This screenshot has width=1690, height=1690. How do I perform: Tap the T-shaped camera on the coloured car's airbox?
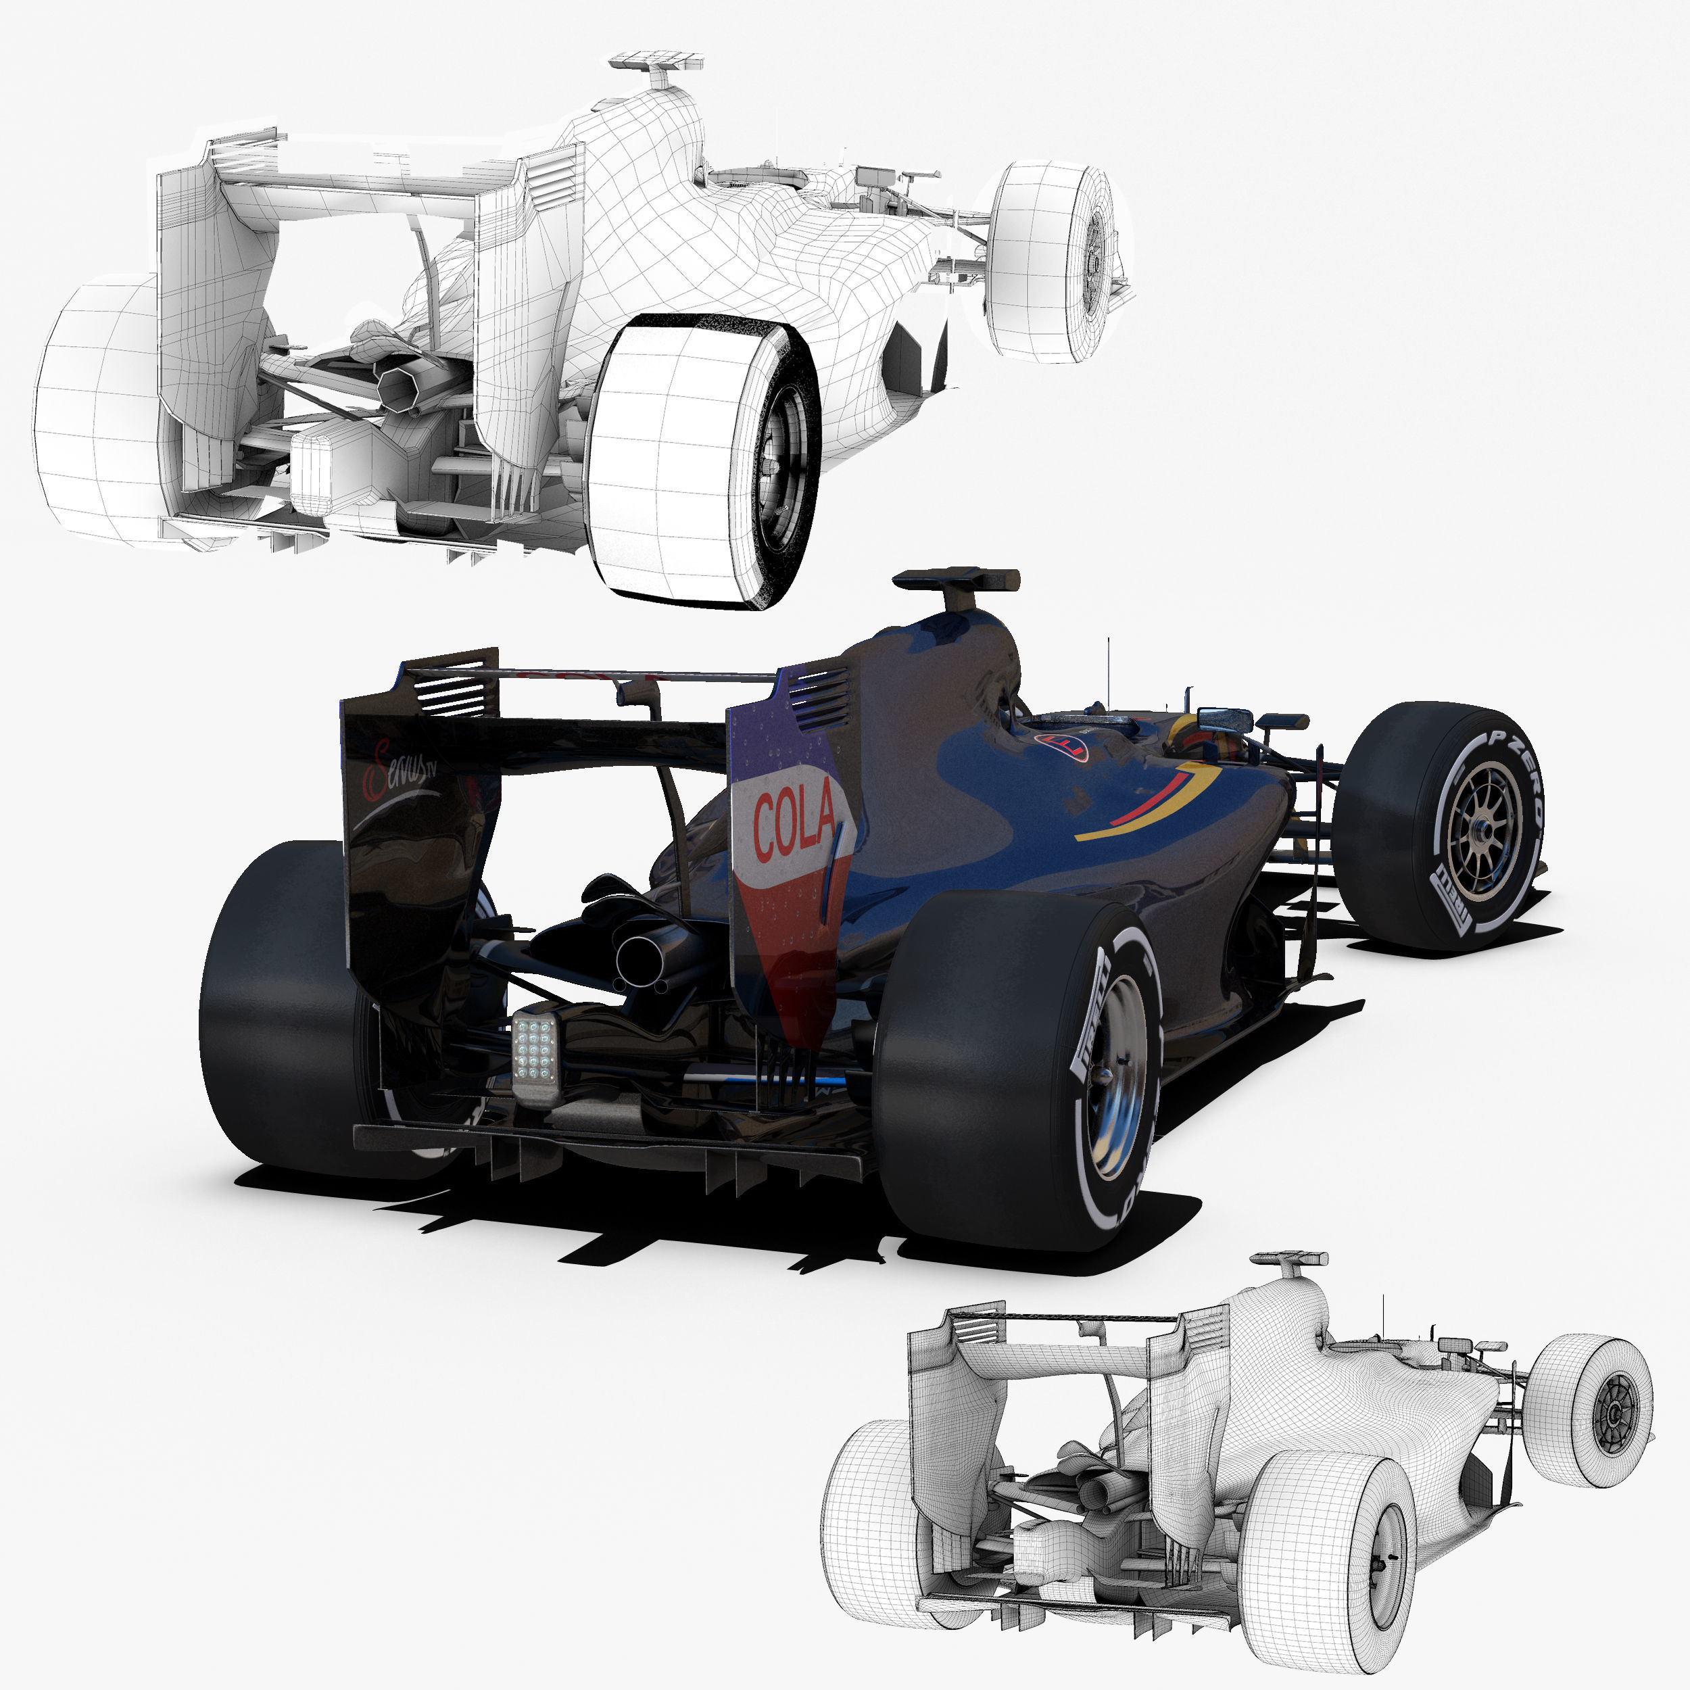tap(956, 583)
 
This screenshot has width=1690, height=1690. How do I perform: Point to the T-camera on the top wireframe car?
tap(656, 64)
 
